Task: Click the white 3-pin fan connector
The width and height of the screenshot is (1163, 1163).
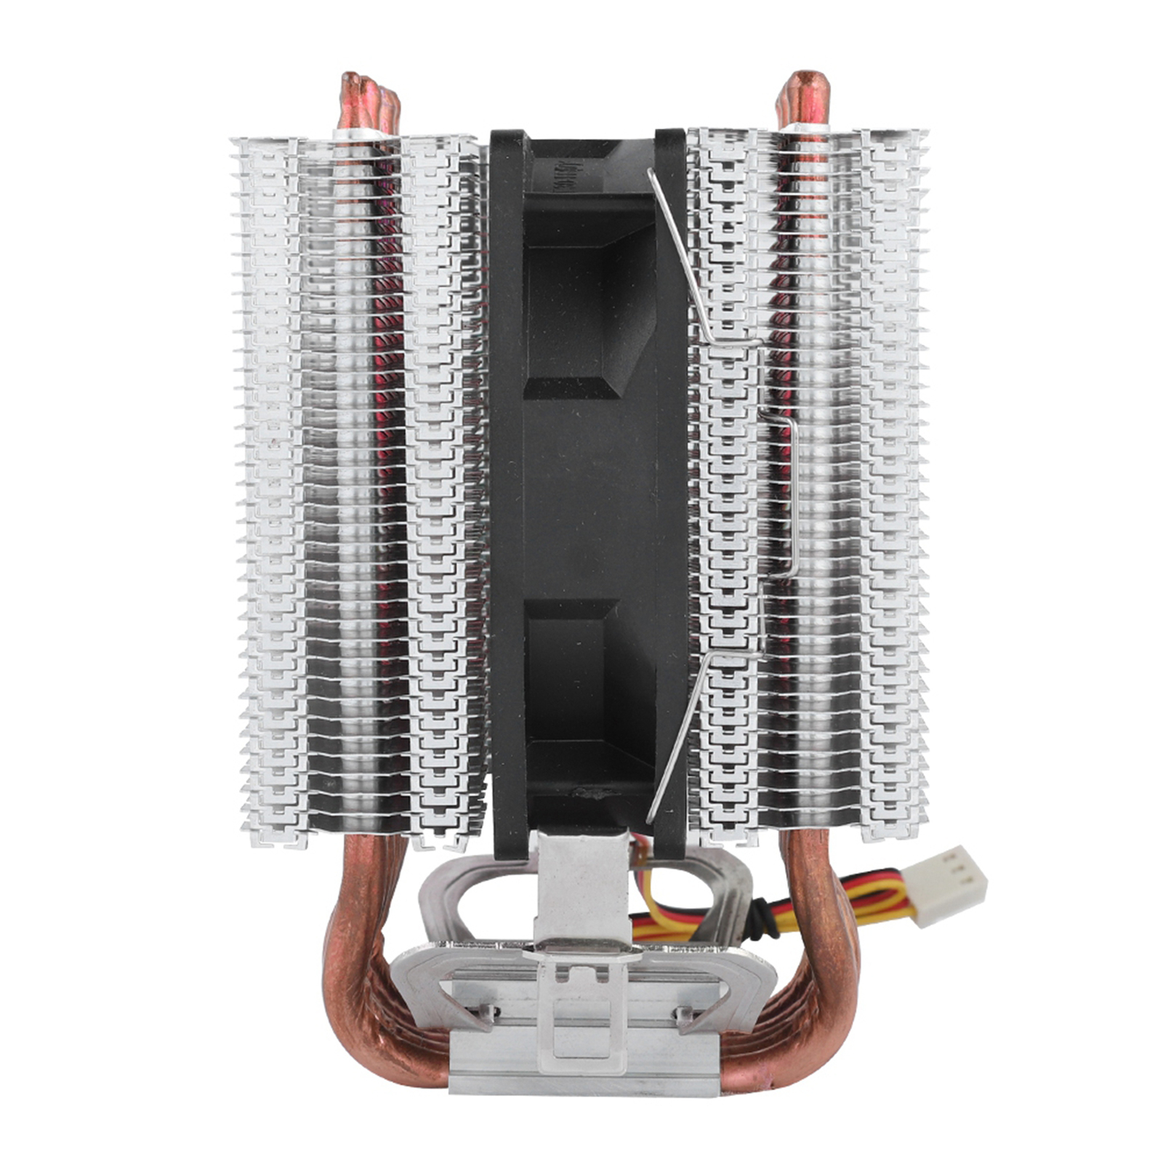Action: click(x=951, y=885)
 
